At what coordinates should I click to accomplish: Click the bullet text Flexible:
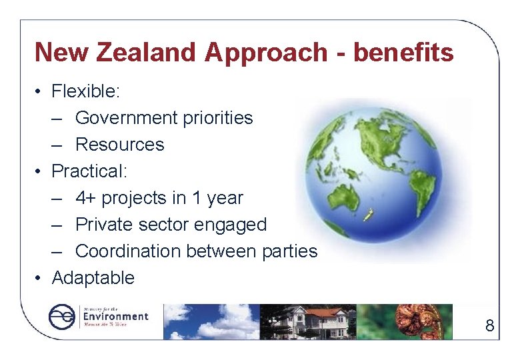pos(84,91)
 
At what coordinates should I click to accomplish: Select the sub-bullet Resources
pos(119,145)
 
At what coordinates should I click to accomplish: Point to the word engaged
pos(229,225)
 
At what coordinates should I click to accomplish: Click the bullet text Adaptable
pos(93,278)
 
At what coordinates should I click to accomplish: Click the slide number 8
pos(490,325)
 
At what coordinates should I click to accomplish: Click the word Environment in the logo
pos(115,317)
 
